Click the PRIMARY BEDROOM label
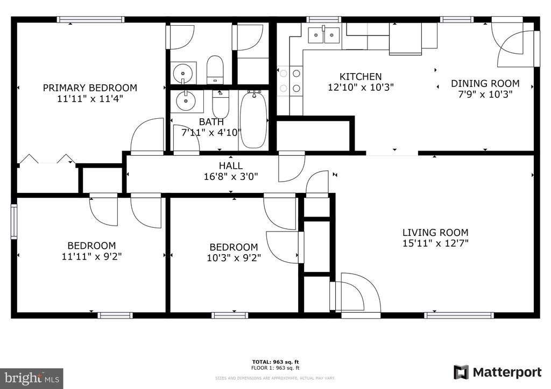pyautogui.click(x=90, y=88)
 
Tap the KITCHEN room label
pyautogui.click(x=361, y=77)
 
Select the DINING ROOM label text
pyautogui.click(x=485, y=83)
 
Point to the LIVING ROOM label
pyautogui.click(x=435, y=233)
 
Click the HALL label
pyautogui.click(x=230, y=165)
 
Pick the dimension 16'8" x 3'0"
pyautogui.click(x=230, y=176)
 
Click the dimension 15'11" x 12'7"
pyautogui.click(x=435, y=243)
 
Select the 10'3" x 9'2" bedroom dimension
pyautogui.click(x=234, y=257)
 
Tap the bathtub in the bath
pyautogui.click(x=252, y=119)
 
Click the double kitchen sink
pyautogui.click(x=324, y=35)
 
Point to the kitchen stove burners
pyautogui.click(x=289, y=81)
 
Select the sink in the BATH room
pyautogui.click(x=186, y=100)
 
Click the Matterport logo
pyautogui.click(x=498, y=372)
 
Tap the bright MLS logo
pyautogui.click(x=31, y=378)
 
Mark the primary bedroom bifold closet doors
pyautogui.click(x=46, y=159)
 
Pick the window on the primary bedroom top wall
pyautogui.click(x=91, y=20)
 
